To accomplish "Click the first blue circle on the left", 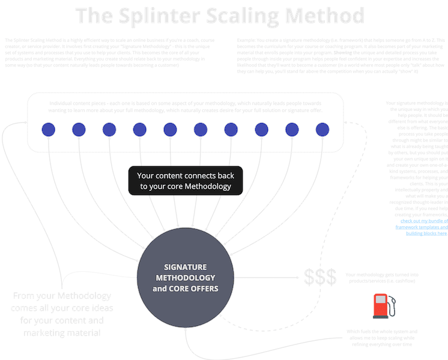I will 48,129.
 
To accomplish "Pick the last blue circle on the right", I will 322,129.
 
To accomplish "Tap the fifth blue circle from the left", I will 170,129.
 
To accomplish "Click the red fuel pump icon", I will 379,304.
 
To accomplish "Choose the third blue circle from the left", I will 109,129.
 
